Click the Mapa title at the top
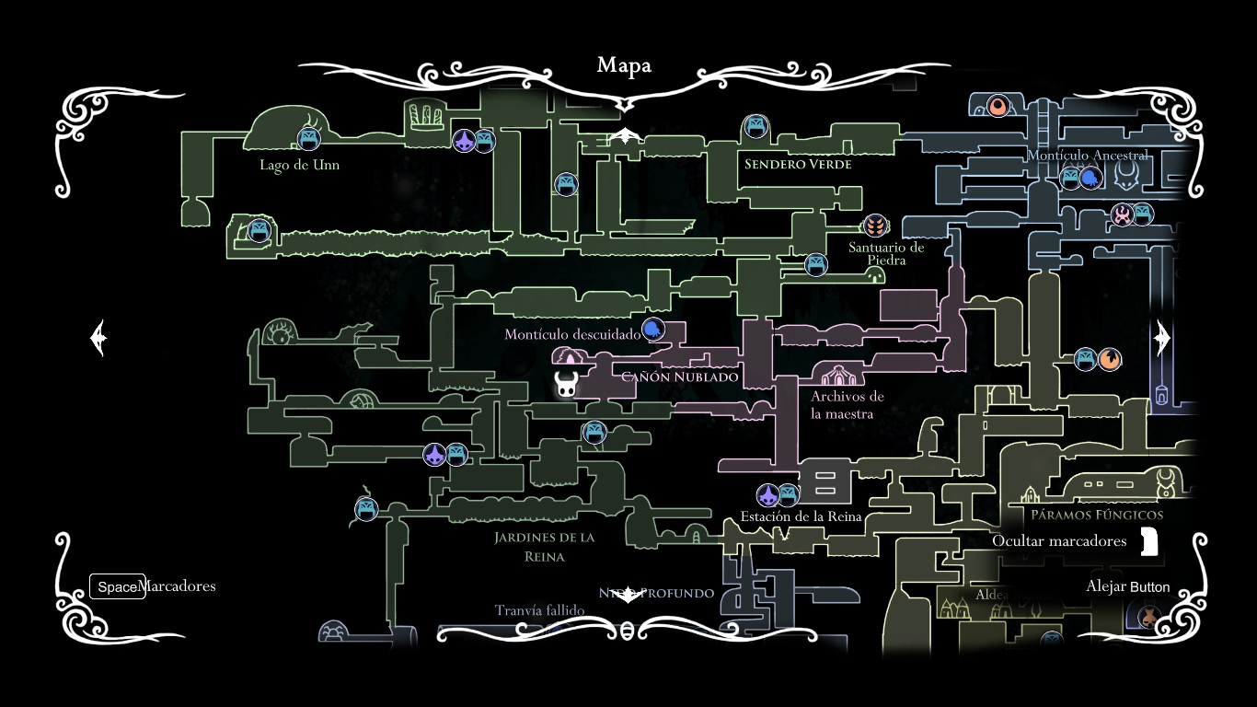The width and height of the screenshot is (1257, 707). point(624,65)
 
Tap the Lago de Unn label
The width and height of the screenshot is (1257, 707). point(299,166)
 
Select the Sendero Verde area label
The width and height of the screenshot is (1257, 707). point(798,165)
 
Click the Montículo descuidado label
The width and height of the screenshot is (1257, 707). point(571,334)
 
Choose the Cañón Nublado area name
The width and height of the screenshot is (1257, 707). point(680,377)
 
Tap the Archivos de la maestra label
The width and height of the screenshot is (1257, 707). point(847,405)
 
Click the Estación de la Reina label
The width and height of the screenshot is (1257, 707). point(801,516)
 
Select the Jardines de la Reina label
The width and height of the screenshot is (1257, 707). point(544,547)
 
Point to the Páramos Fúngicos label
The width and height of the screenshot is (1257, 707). point(1097,516)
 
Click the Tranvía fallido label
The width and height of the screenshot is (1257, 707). point(539,610)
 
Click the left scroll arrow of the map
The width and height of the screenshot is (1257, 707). point(99,338)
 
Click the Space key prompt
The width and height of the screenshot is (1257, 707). point(117,586)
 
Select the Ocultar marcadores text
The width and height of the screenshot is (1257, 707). point(1058,541)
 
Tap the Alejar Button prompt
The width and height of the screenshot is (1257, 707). point(1127,586)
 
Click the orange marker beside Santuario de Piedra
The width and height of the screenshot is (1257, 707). point(875,225)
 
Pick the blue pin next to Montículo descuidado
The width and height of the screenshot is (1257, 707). point(652,330)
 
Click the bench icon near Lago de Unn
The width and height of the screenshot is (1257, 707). point(308,139)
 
